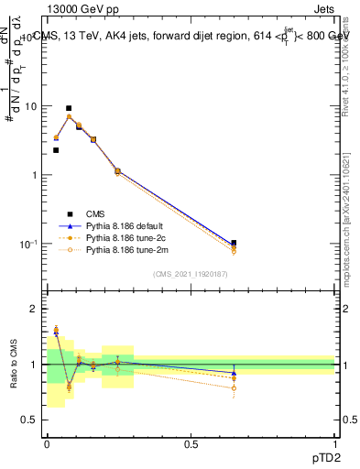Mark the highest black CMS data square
69,108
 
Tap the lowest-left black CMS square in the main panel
56,150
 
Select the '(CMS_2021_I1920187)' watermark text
190,274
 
